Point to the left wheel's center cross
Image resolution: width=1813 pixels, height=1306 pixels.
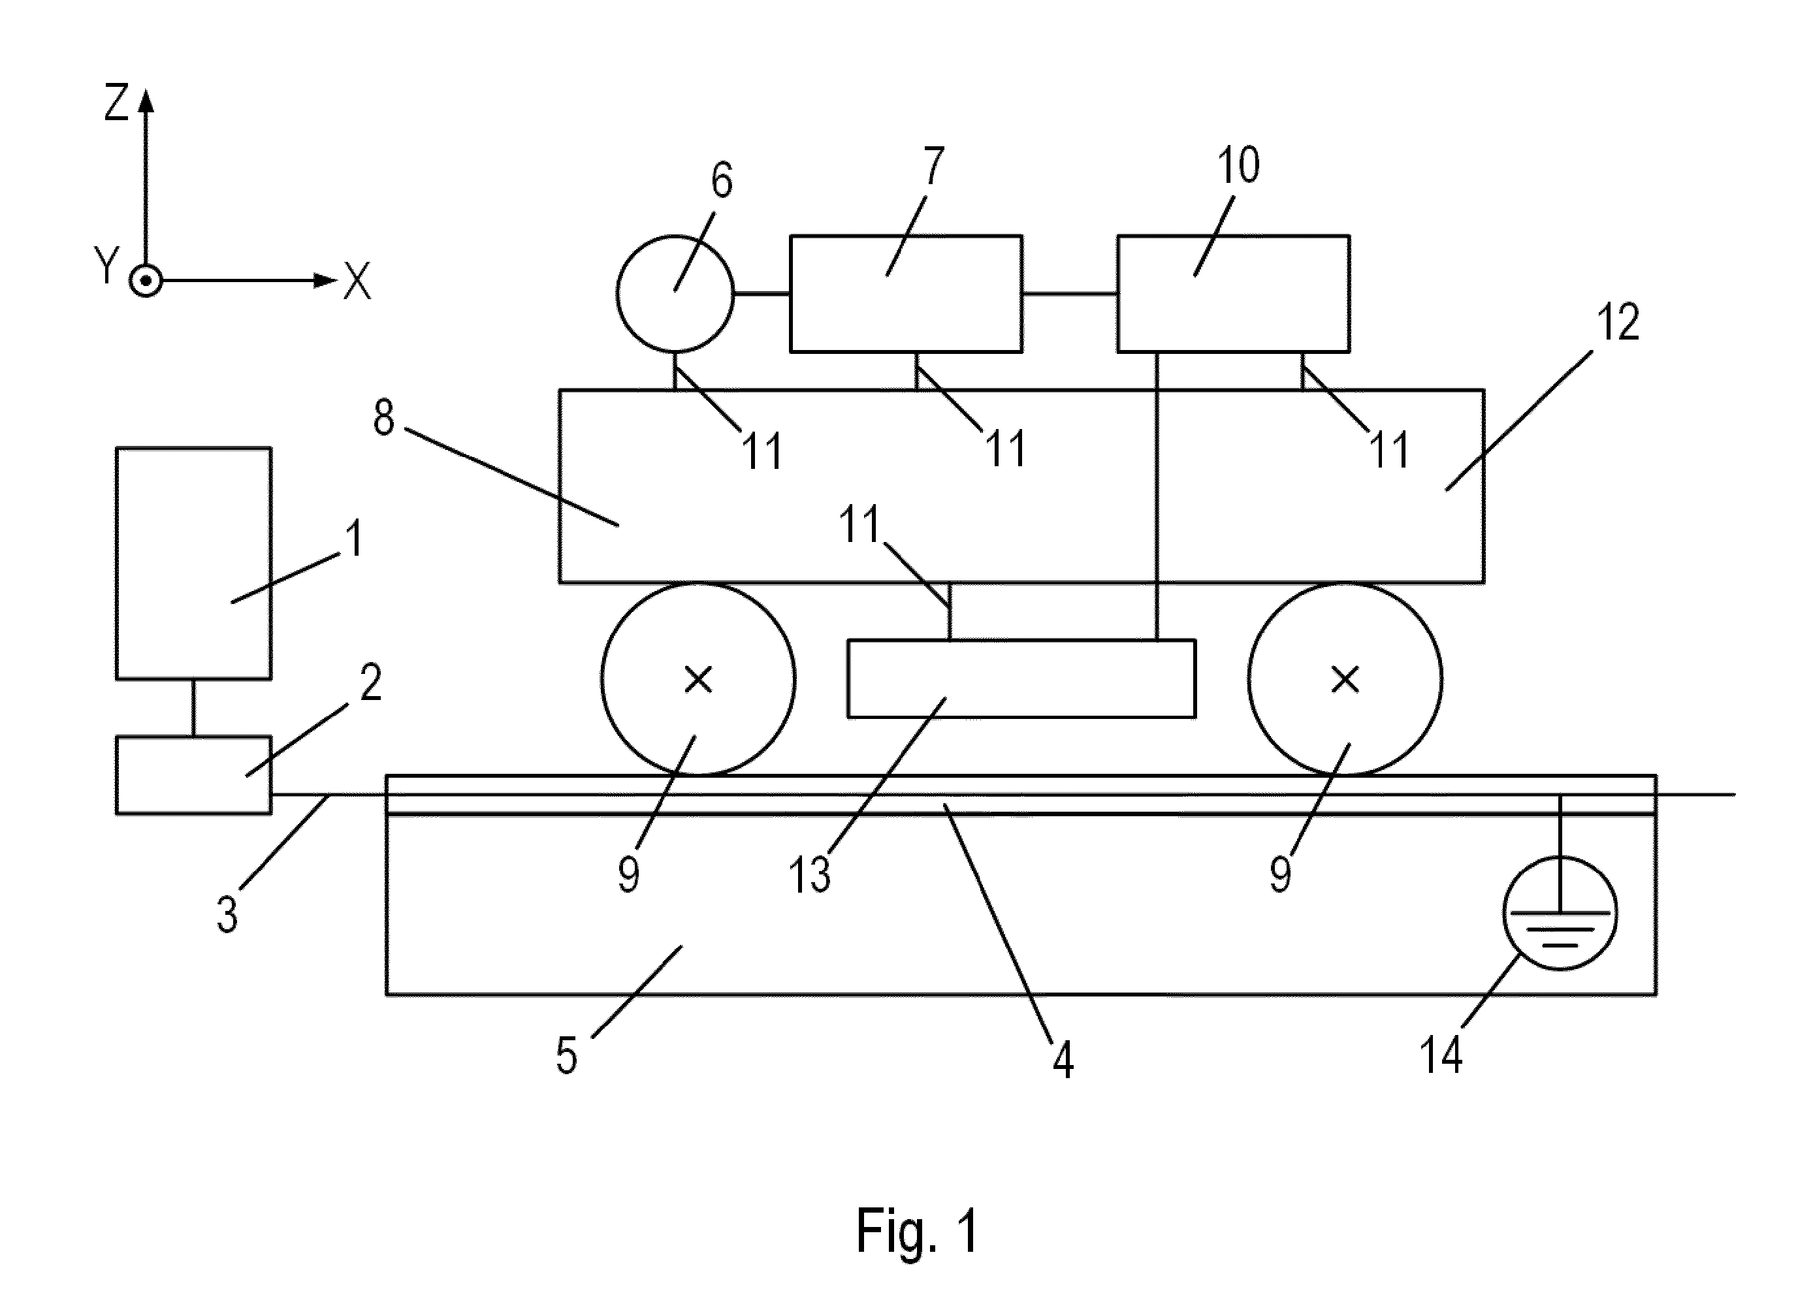point(699,679)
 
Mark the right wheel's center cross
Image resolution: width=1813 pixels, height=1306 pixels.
point(1345,679)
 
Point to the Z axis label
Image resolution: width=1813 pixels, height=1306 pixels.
point(117,103)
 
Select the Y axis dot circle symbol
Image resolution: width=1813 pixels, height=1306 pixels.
point(146,281)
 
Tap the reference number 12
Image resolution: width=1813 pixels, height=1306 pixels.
point(1618,322)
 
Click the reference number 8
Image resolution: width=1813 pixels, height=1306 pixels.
point(384,417)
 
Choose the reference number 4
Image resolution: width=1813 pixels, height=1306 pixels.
point(1063,1060)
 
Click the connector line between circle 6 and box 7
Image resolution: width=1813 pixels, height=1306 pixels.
point(762,293)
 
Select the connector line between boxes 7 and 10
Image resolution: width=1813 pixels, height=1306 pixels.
point(1070,293)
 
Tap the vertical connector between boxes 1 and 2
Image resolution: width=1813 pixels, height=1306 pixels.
point(193,707)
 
